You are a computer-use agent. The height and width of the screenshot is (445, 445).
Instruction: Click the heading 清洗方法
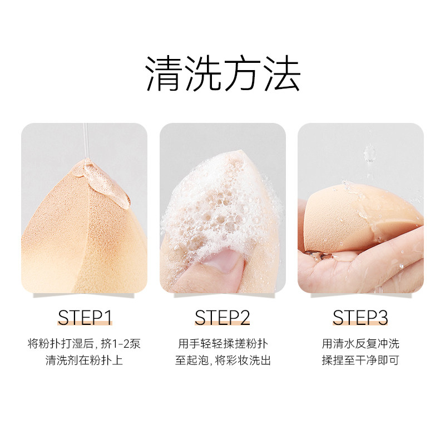click(x=222, y=73)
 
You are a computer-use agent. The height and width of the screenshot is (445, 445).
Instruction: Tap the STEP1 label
click(x=85, y=318)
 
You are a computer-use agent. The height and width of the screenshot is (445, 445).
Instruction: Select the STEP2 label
click(x=222, y=318)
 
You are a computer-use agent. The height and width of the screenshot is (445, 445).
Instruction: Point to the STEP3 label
click(x=360, y=318)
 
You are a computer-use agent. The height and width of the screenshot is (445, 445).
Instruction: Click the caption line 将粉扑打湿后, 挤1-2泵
click(x=85, y=344)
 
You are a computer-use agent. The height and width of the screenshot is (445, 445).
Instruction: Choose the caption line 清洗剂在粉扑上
click(x=85, y=360)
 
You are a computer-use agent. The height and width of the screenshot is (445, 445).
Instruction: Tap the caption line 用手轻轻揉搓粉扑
click(x=222, y=344)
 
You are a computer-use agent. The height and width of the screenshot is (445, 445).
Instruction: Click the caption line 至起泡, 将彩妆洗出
click(x=222, y=360)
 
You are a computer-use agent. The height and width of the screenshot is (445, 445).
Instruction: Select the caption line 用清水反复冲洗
click(x=360, y=344)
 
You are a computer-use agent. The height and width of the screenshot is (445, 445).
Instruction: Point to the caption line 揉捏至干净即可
click(x=360, y=360)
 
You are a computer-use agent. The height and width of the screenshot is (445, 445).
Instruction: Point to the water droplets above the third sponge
click(x=369, y=153)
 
